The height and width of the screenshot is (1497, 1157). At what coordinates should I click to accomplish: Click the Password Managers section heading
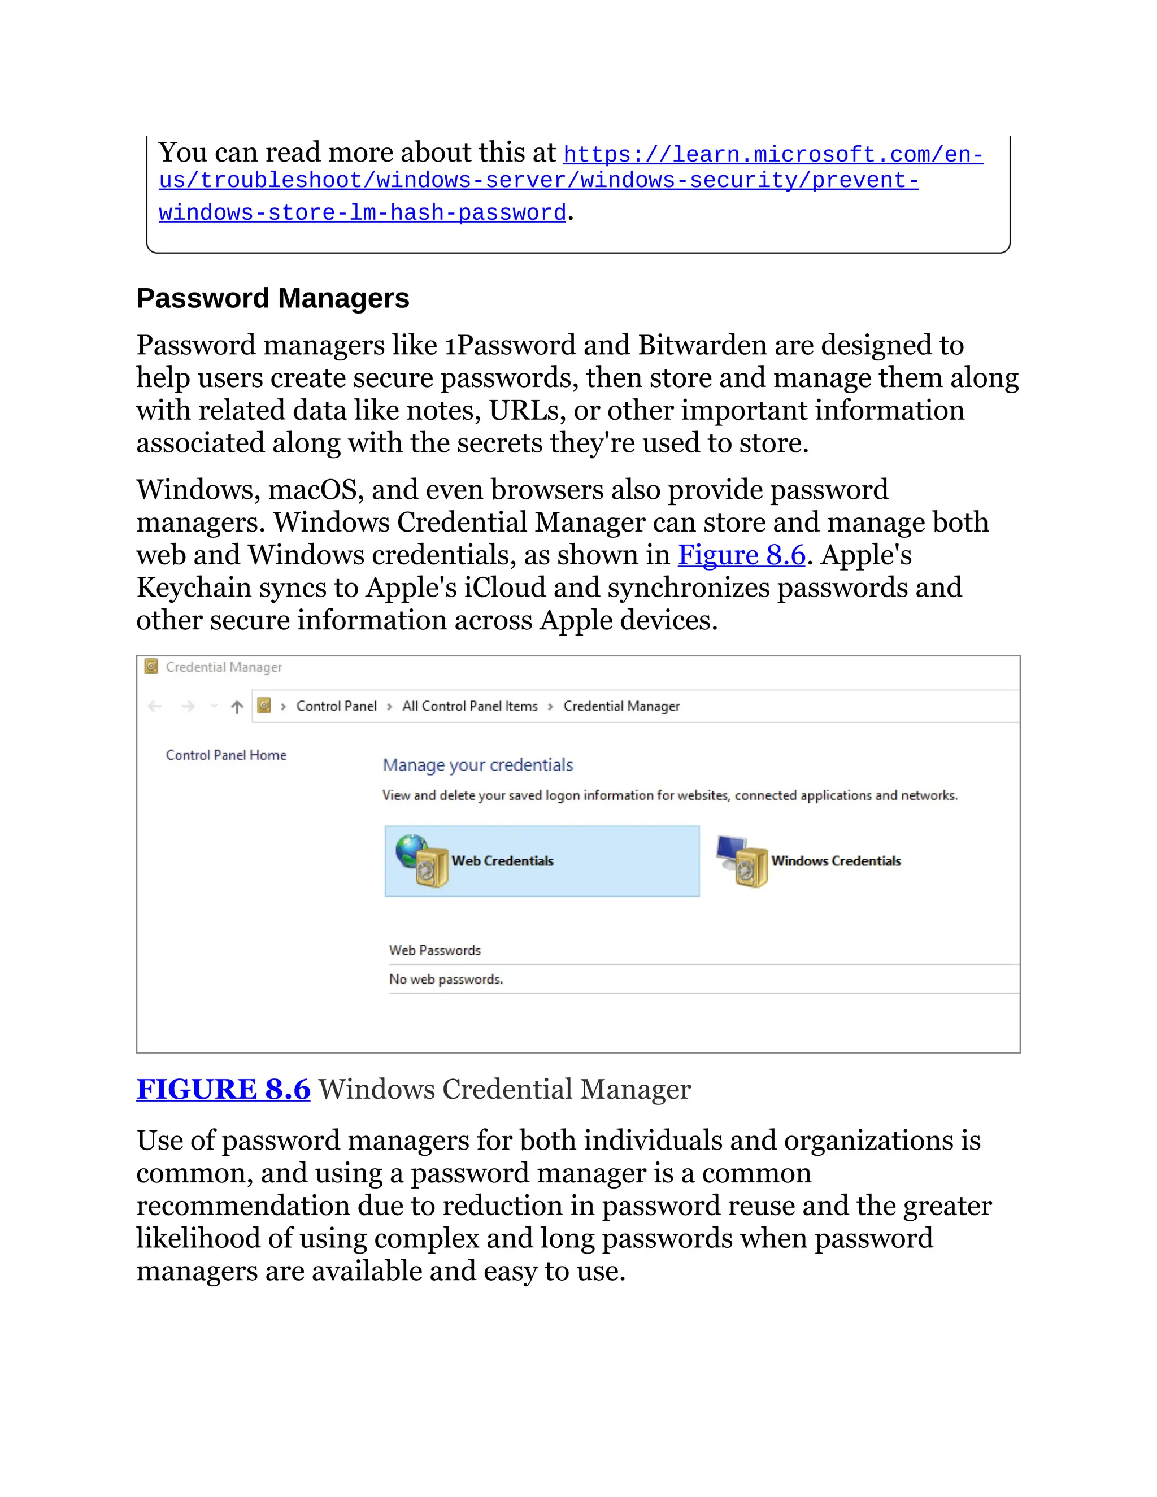272,298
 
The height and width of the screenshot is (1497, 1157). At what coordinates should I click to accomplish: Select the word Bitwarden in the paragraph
702,345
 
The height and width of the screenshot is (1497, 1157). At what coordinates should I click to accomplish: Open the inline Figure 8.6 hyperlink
741,555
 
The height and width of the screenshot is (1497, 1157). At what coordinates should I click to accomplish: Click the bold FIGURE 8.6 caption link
224,1089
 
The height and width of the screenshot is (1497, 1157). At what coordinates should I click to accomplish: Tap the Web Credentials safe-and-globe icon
421,861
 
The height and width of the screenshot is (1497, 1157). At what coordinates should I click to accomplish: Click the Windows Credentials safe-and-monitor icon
742,861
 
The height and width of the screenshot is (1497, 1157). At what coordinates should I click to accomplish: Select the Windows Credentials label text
836,861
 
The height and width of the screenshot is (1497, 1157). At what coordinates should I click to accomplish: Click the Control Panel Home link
225,755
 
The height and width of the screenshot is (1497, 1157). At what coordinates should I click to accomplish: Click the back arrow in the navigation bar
155,706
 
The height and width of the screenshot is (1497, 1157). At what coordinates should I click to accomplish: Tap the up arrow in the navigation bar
237,706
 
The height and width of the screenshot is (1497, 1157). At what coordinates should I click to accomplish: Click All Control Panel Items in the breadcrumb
469,706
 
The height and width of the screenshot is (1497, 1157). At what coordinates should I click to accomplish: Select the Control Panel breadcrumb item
336,706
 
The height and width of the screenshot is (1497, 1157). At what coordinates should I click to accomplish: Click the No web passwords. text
446,980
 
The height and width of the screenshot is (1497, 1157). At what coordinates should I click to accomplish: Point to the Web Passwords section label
434,950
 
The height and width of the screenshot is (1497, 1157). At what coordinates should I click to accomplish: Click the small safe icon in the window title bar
151,666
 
